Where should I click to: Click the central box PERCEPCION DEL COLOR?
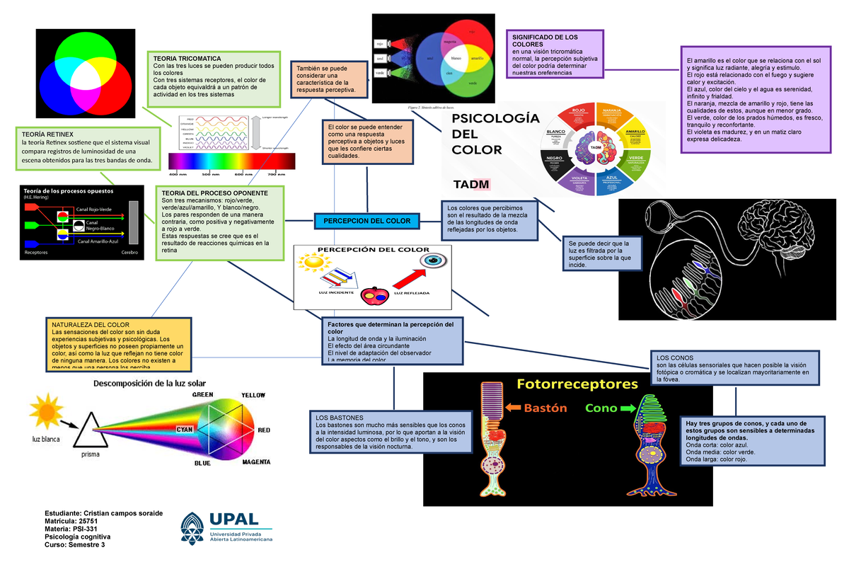(x=366, y=222)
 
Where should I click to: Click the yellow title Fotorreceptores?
(x=577, y=384)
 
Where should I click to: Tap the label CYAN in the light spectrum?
(x=185, y=429)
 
